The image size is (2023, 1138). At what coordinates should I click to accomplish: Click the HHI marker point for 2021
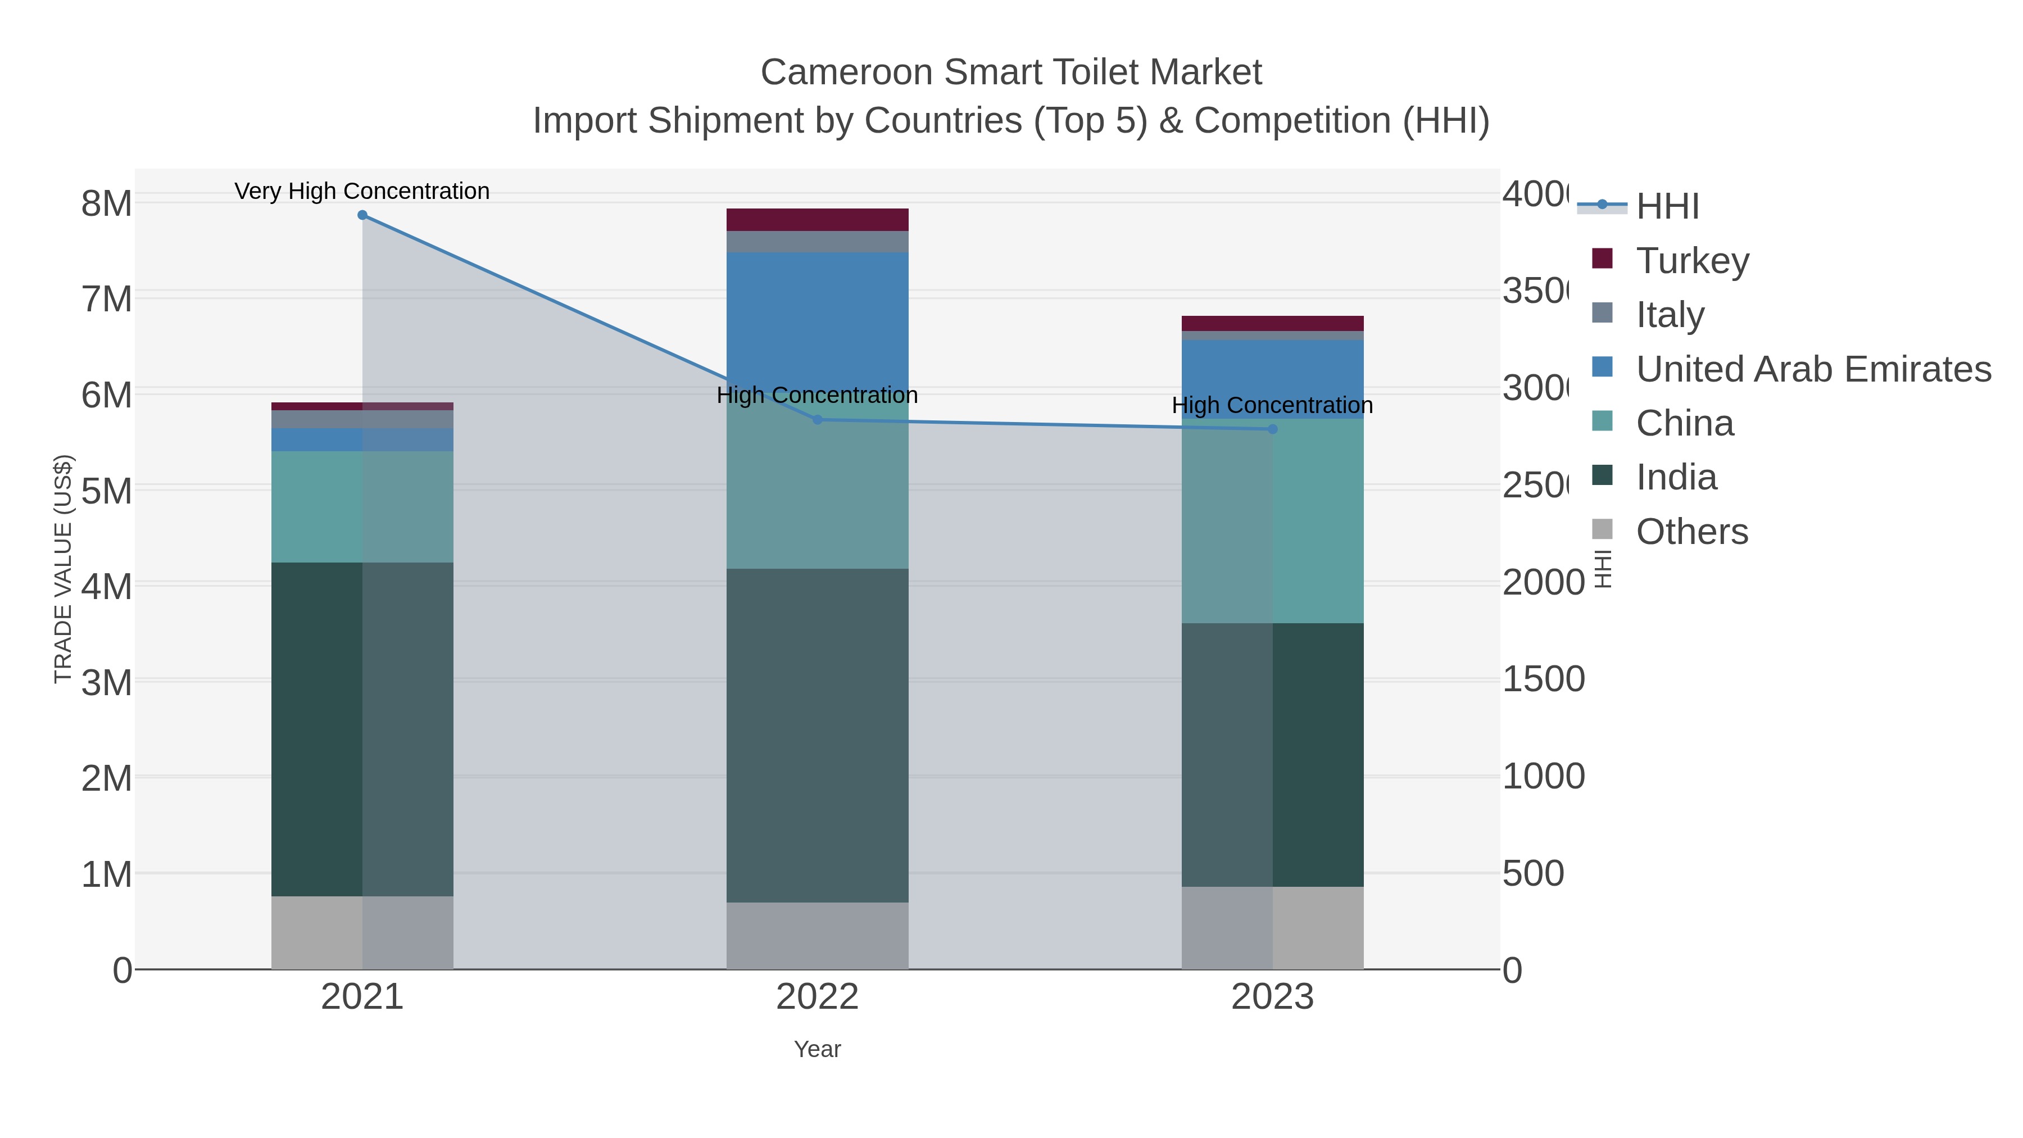pos(362,215)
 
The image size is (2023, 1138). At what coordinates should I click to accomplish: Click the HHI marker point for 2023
pos(1272,429)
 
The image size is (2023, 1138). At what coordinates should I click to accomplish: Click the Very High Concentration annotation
pos(362,192)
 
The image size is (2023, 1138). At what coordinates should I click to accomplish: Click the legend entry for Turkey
pos(1693,261)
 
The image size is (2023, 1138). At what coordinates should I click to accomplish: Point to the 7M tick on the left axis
pos(106,299)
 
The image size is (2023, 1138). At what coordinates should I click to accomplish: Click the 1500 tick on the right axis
pos(1543,679)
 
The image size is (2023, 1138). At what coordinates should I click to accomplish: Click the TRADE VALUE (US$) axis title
pos(63,569)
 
